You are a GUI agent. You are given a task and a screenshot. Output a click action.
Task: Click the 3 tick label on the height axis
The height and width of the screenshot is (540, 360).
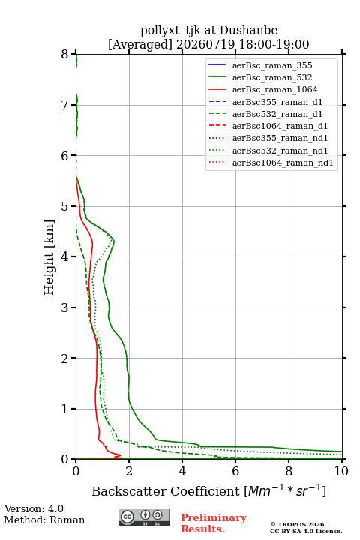(64, 307)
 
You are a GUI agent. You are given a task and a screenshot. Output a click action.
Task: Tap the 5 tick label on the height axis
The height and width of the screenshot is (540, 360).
(64, 206)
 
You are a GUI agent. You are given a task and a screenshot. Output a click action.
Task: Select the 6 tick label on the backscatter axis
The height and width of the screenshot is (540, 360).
(235, 471)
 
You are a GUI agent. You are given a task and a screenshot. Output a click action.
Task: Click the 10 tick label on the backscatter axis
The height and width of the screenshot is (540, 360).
(341, 471)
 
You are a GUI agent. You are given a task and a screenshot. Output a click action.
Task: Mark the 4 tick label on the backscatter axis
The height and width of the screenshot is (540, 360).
(182, 471)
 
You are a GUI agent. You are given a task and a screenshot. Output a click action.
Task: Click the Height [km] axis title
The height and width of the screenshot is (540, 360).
(49, 257)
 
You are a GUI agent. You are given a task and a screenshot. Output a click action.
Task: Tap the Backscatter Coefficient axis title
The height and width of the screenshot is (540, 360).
(208, 491)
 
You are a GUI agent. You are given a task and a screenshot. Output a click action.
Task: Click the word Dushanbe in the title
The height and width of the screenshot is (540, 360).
(248, 31)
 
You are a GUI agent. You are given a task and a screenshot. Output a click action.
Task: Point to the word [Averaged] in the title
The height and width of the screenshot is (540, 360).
(140, 45)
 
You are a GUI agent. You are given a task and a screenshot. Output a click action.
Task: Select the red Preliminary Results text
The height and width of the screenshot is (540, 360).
(214, 523)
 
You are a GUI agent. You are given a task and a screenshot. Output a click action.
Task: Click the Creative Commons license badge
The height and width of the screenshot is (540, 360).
(144, 517)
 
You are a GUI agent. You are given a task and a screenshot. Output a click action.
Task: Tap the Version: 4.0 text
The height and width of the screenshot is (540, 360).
(34, 508)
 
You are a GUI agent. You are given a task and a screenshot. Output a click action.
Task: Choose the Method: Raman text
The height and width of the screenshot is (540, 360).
(44, 520)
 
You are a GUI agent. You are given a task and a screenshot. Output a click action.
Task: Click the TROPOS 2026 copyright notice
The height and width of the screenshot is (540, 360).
(298, 524)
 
